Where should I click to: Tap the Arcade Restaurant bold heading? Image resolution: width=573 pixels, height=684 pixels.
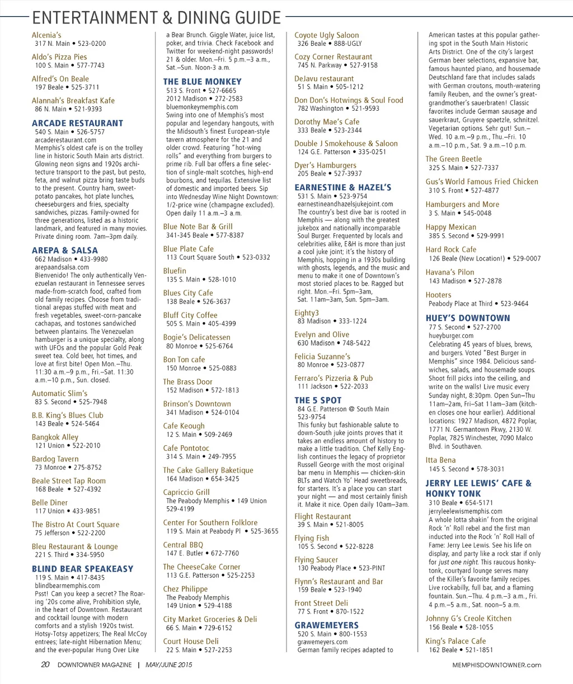77,123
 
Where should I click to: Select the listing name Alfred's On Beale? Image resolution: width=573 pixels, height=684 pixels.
60,79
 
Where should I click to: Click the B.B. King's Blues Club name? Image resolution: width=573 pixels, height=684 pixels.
67,415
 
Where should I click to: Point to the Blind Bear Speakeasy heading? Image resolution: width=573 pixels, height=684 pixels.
82,569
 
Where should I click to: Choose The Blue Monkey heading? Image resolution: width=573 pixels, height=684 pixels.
202,82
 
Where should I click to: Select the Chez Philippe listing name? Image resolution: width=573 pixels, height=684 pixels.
185,589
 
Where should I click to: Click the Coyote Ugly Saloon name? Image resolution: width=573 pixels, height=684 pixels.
327,35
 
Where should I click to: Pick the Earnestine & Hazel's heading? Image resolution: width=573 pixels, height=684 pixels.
342,187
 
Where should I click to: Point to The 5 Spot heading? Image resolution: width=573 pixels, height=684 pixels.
318,400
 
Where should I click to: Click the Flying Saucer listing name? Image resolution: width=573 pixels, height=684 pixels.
316,560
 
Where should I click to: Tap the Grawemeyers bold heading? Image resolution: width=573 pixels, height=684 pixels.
326,625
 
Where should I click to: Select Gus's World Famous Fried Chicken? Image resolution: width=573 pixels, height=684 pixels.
481,182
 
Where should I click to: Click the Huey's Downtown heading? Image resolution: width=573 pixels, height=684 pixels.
467,318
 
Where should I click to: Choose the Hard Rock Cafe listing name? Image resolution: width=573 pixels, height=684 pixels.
450,249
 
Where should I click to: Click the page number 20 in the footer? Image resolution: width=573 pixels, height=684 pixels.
45,665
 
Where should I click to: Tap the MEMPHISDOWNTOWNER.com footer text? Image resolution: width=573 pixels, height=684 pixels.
497,665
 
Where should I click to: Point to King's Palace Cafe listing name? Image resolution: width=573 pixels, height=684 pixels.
455,641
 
